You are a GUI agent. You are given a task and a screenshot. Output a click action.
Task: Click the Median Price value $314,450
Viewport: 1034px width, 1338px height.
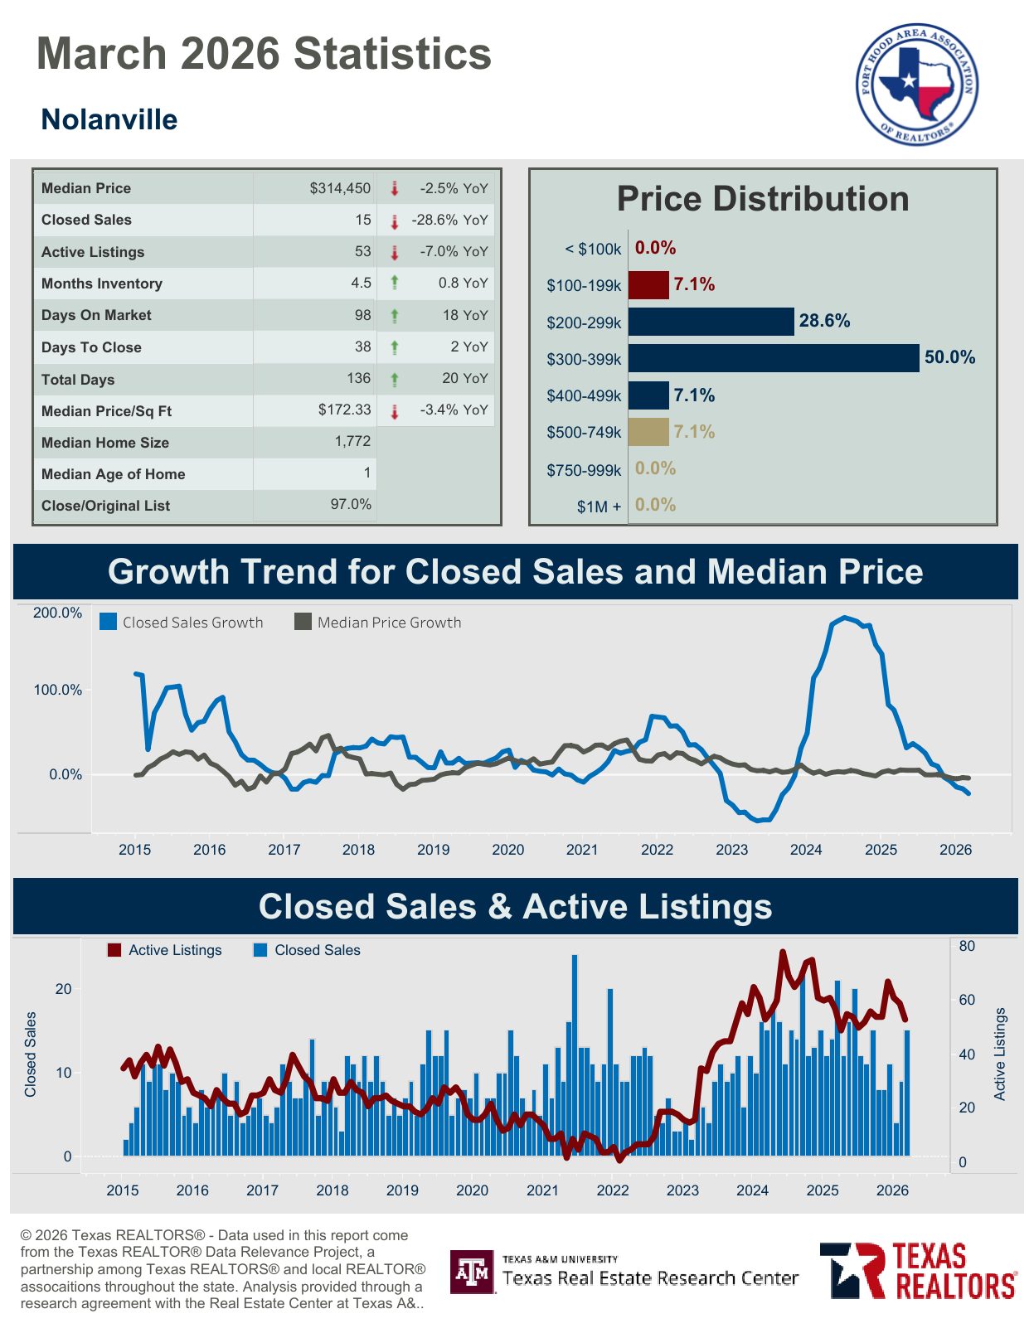340,188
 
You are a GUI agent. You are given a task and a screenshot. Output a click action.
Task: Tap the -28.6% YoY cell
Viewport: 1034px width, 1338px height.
449,220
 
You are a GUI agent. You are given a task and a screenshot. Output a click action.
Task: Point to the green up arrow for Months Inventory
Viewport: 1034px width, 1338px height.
395,283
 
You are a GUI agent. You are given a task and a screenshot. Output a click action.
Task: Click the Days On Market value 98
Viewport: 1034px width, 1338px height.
362,314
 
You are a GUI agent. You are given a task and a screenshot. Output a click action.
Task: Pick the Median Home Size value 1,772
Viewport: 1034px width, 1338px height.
352,441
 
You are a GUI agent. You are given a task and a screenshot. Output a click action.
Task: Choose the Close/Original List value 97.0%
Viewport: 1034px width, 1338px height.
351,504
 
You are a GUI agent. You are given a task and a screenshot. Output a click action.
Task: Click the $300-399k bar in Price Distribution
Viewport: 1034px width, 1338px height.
773,358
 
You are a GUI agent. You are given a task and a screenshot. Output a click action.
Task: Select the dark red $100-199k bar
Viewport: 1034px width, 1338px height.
648,284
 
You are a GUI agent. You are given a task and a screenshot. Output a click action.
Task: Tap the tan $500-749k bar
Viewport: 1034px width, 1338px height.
648,431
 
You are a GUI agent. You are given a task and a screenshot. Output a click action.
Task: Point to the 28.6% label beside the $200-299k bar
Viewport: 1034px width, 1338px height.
824,321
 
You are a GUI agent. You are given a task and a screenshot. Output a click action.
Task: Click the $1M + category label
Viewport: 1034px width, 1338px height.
599,507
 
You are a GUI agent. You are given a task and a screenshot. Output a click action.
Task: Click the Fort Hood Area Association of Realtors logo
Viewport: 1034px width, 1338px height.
917,85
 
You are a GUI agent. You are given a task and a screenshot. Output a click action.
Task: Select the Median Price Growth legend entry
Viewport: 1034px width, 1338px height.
378,623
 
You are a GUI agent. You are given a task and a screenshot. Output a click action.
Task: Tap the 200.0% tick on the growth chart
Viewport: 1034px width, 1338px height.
57,613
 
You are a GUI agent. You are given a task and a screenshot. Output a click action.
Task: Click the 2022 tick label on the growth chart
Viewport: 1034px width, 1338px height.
657,850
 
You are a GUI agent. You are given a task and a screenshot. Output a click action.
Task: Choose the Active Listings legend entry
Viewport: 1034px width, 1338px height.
165,950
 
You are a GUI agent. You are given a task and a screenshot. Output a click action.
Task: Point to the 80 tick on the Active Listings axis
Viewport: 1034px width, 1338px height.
967,946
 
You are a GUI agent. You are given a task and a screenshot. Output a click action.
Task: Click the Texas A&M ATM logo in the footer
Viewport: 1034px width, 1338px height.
473,1272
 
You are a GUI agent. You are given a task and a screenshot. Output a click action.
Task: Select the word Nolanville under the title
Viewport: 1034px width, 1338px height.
109,119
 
